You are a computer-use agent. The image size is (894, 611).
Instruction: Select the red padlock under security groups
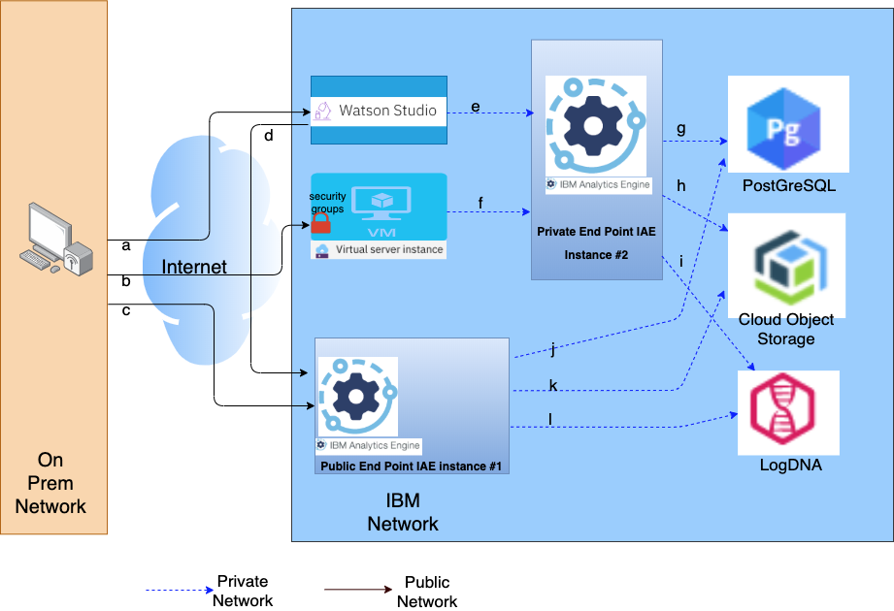[321, 224]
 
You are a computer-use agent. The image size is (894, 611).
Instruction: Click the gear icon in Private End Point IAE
[595, 126]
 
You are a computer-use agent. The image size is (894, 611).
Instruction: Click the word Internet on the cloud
[194, 267]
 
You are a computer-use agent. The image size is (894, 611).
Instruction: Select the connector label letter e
[476, 106]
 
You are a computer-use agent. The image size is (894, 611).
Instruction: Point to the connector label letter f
[480, 204]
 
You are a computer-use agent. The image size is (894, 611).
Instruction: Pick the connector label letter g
[681, 128]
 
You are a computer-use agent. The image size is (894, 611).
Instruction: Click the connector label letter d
[269, 136]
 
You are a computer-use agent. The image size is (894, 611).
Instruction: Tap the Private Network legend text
[243, 591]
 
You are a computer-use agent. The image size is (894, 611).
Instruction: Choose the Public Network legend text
[427, 592]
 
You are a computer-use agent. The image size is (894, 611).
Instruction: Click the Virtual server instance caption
[388, 249]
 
